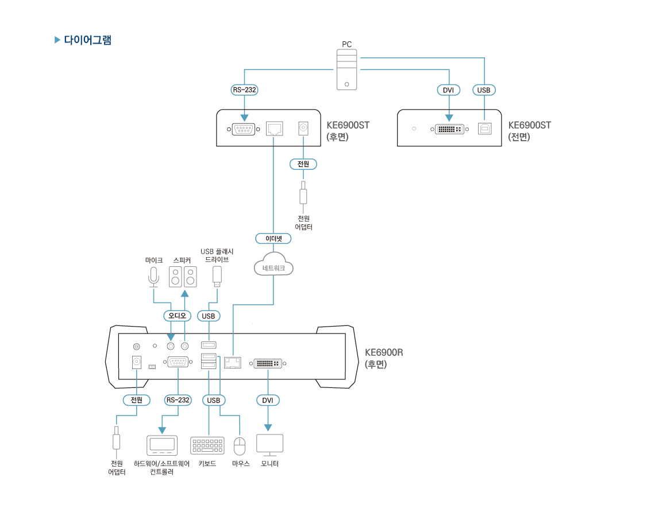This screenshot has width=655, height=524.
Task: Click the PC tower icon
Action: pyautogui.click(x=346, y=69)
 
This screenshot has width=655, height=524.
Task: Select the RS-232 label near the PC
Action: pyautogui.click(x=245, y=90)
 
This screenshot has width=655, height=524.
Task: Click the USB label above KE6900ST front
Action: pyautogui.click(x=484, y=90)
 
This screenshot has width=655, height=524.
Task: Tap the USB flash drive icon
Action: pyautogui.click(x=217, y=276)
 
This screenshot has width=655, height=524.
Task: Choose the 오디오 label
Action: pyautogui.click(x=177, y=316)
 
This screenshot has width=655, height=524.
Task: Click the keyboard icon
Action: pyautogui.click(x=207, y=446)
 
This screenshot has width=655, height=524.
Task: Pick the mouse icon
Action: pyautogui.click(x=240, y=445)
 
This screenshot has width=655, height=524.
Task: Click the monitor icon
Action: pyautogui.click(x=269, y=445)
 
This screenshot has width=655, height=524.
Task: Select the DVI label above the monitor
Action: pyautogui.click(x=268, y=400)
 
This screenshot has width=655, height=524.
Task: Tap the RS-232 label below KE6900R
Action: pyautogui.click(x=178, y=400)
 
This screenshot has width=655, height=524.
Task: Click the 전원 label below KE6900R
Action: pyautogui.click(x=137, y=400)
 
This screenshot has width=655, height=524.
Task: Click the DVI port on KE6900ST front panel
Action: pyautogui.click(x=448, y=129)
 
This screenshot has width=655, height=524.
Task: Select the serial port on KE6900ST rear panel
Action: pyautogui.click(x=244, y=129)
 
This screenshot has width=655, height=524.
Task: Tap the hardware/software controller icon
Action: pyautogui.click(x=163, y=445)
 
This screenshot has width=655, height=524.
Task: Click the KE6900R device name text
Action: pyautogui.click(x=384, y=352)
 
